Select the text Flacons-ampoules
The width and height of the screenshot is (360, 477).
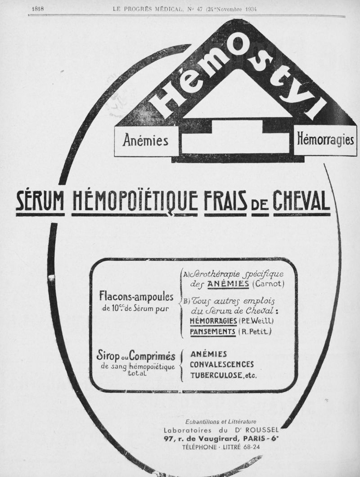(136, 298)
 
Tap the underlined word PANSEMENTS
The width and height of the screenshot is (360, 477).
(213, 332)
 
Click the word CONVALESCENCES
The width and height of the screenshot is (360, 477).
(222, 364)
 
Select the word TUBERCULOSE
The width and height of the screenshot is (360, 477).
(216, 375)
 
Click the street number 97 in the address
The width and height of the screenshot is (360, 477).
(169, 439)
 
